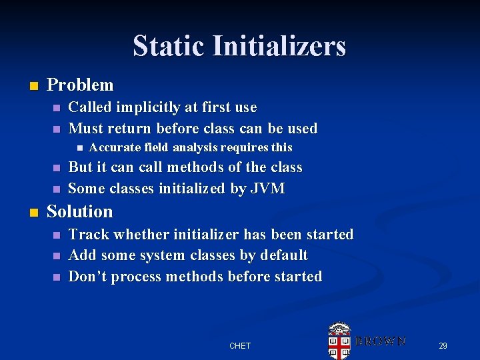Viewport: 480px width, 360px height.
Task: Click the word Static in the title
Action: [169, 47]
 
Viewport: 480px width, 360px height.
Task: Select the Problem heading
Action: [80, 85]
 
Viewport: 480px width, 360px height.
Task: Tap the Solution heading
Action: [79, 212]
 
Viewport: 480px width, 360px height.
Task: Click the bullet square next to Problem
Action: [33, 86]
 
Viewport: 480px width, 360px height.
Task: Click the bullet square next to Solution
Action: [33, 213]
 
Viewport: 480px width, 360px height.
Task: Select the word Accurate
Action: [115, 147]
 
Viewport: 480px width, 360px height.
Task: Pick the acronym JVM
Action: [267, 189]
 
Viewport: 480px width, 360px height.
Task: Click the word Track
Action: [89, 235]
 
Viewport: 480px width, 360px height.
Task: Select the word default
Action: [284, 255]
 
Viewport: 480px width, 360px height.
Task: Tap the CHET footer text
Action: [239, 345]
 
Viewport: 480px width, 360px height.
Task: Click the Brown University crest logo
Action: [339, 341]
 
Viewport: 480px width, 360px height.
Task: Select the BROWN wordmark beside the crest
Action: [379, 341]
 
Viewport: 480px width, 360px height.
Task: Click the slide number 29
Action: [443, 345]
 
